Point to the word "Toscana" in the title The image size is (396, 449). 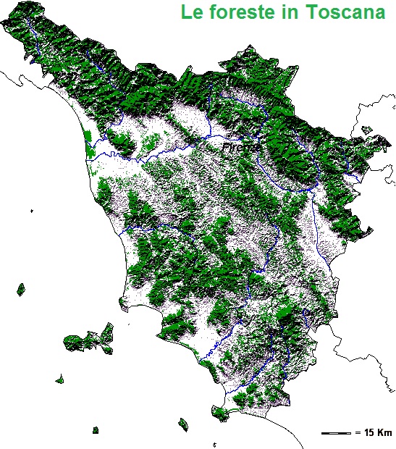(344, 13)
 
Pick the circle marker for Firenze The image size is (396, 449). (229, 136)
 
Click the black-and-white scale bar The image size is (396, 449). (335, 432)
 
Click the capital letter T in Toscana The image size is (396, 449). (315, 13)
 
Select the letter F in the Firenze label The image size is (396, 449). (225, 147)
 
